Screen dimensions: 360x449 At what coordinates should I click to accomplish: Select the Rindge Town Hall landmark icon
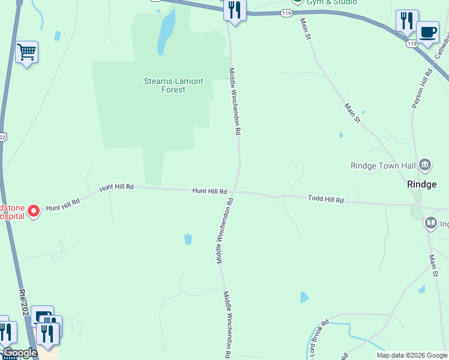(x=426, y=164)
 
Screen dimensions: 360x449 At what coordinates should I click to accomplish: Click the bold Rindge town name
(x=421, y=184)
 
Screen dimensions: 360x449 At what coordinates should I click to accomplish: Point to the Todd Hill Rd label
(x=326, y=199)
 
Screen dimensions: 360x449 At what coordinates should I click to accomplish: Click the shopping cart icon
(x=26, y=52)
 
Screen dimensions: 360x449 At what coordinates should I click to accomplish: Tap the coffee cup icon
(x=427, y=31)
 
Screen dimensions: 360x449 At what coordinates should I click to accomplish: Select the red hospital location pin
(x=34, y=211)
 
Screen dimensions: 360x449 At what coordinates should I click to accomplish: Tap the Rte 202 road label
(x=23, y=302)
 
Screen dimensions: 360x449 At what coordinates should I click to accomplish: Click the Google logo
(x=19, y=353)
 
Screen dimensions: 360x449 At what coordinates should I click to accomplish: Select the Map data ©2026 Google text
(x=412, y=355)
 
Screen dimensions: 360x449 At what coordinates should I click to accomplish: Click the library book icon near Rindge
(x=430, y=224)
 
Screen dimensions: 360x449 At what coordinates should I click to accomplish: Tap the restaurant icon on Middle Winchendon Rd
(x=234, y=10)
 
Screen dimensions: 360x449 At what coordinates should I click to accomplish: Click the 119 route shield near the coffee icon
(x=411, y=44)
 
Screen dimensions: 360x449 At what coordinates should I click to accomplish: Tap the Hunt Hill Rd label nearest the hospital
(x=63, y=205)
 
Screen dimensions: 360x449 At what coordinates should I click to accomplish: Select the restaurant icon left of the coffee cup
(x=407, y=20)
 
